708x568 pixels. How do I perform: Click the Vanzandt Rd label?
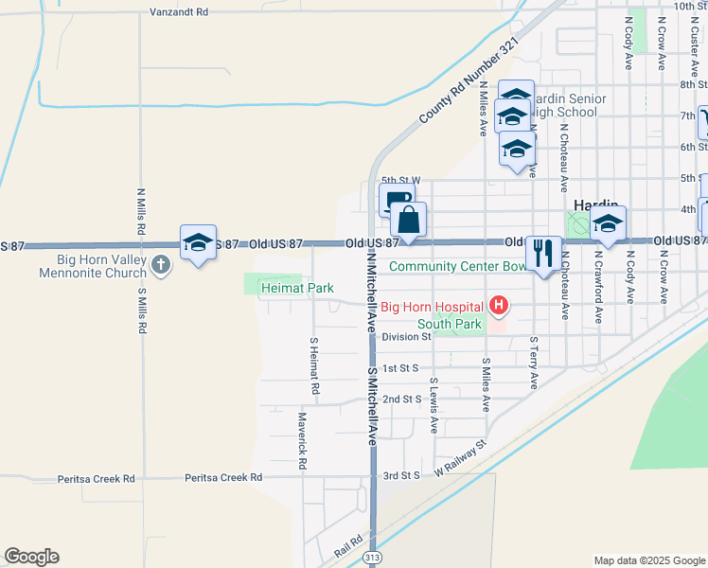click(x=178, y=12)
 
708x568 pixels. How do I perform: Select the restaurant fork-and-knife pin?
click(x=542, y=253)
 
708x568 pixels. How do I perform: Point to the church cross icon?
click(x=162, y=264)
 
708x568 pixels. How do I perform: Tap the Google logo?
click(x=31, y=557)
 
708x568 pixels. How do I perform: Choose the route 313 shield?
click(x=376, y=558)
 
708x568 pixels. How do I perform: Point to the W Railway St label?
click(x=460, y=457)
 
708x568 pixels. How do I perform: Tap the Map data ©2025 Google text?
click(x=649, y=560)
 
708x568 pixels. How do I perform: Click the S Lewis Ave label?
click(x=434, y=406)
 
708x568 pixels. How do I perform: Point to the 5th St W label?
click(x=400, y=179)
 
